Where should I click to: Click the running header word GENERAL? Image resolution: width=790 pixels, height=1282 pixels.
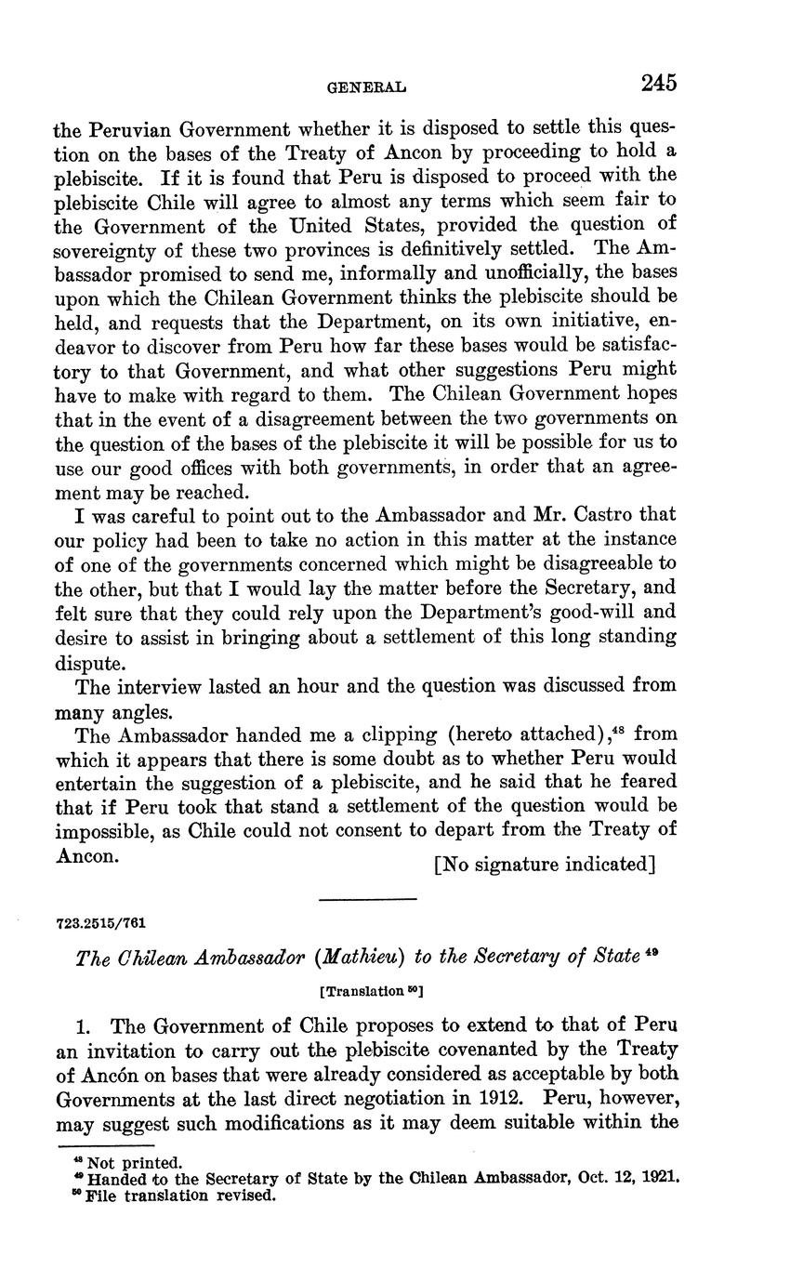[368, 88]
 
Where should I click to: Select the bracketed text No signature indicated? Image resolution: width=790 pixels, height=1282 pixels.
[546, 865]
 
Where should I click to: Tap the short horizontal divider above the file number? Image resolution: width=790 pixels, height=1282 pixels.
[367, 899]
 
